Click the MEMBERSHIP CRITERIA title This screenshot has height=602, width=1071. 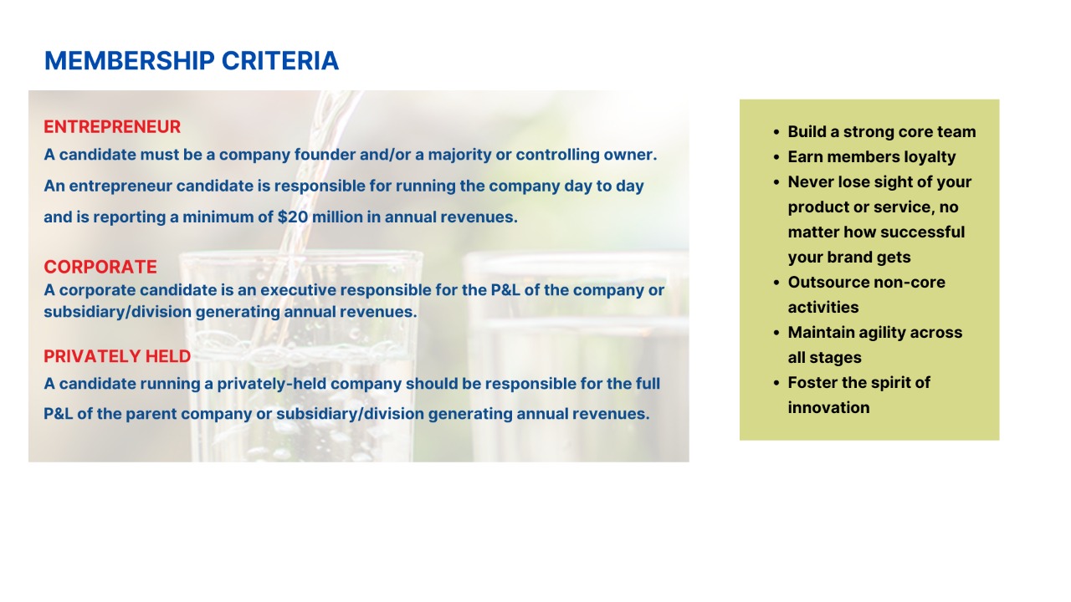pyautogui.click(x=192, y=61)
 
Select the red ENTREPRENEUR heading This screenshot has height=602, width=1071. pyautogui.click(x=112, y=126)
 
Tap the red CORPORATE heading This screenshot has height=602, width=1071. pyautogui.click(x=100, y=267)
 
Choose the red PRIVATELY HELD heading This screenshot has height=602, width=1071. pyautogui.click(x=117, y=356)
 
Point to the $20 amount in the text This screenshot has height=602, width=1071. pyautogui.click(x=293, y=217)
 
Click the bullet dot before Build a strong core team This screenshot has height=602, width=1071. pyautogui.click(x=776, y=132)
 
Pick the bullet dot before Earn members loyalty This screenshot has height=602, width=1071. pyautogui.click(x=776, y=157)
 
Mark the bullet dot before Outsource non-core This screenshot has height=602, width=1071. pyautogui.click(x=776, y=283)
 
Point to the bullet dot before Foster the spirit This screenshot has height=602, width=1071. pyautogui.click(x=776, y=383)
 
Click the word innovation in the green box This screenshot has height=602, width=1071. pyautogui.click(x=828, y=407)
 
